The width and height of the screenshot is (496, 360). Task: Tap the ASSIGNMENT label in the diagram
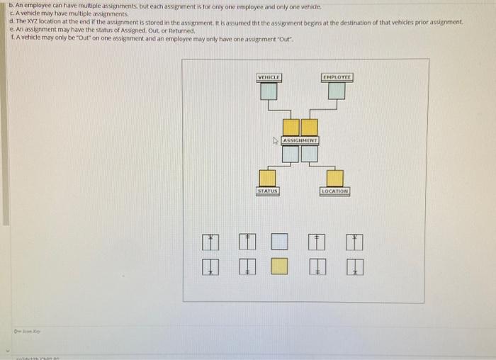[300, 141]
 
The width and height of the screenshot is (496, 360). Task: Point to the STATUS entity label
[267, 191]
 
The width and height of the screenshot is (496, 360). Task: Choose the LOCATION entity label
[334, 191]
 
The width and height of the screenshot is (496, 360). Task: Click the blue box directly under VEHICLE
[269, 91]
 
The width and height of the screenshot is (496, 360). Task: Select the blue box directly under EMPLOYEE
[337, 91]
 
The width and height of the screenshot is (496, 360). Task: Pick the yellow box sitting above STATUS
[267, 177]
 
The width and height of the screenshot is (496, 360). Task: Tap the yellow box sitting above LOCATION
[334, 177]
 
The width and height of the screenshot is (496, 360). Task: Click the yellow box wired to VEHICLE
[291, 128]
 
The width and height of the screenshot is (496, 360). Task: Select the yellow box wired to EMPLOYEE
[309, 128]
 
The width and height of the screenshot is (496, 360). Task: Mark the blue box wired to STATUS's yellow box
[291, 154]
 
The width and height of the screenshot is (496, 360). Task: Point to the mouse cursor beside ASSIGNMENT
[278, 141]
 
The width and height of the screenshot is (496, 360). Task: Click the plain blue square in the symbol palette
[280, 243]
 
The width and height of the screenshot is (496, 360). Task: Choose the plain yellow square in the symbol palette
[280, 266]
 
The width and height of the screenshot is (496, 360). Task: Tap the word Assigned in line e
[109, 29]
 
